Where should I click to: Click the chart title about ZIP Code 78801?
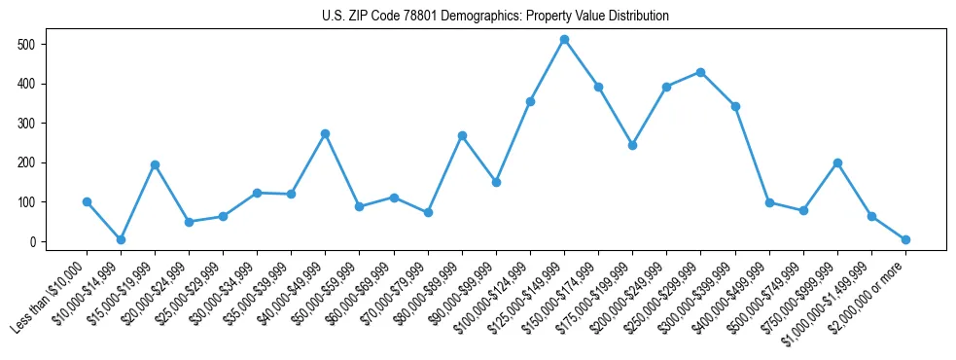(x=495, y=16)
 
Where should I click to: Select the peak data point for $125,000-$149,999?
(x=564, y=39)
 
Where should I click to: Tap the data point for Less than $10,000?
(x=87, y=201)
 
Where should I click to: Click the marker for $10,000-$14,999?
(x=121, y=239)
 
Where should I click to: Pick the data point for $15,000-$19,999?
(x=155, y=164)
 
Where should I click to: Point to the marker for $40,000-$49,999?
(x=325, y=133)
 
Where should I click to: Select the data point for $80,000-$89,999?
(x=462, y=135)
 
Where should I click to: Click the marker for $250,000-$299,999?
(x=700, y=72)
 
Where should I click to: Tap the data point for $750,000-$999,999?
(x=837, y=162)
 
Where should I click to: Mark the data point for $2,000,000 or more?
(x=905, y=239)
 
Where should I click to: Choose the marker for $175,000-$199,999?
(x=632, y=145)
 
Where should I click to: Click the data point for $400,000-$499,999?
(x=769, y=202)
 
